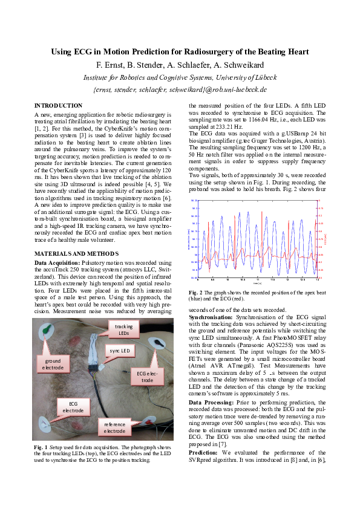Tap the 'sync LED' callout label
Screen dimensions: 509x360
click(x=120, y=351)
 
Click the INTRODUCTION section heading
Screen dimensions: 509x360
click(x=58, y=105)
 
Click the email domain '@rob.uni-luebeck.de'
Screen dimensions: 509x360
click(x=236, y=89)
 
